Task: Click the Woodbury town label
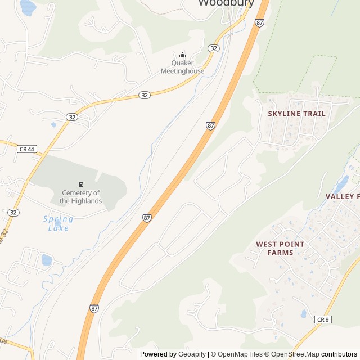[226, 3]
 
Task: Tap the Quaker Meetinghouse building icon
[182, 55]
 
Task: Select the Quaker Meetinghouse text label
[182, 67]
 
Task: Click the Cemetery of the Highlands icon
[80, 184]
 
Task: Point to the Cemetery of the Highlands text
[80, 197]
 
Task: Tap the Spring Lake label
[58, 223]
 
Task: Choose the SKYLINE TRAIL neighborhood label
[296, 114]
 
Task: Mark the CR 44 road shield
[26, 149]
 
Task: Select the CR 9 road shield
[322, 319]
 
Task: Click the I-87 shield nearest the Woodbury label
[259, 22]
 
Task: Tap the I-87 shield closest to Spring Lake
[147, 217]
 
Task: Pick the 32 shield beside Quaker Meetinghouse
[213, 48]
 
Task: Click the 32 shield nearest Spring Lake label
[13, 212]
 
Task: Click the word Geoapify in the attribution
[192, 354]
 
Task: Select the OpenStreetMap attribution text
[295, 354]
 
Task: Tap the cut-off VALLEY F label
[342, 196]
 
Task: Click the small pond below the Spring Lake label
[47, 260]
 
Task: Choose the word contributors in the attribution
[339, 354]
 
